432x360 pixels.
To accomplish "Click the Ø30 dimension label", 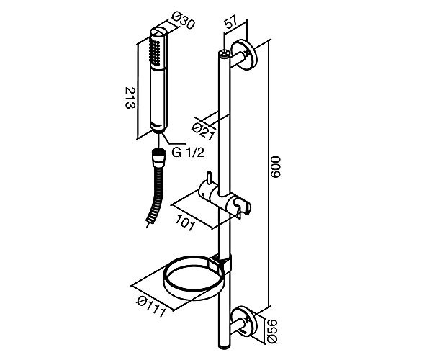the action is (183, 22).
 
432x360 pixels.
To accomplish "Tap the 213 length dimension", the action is (130, 98).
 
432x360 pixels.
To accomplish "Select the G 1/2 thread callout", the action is (188, 153).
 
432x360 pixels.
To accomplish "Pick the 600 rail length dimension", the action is (276, 167).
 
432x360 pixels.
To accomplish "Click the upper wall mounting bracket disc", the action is (244, 55).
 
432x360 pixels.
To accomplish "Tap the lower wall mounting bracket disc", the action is (244, 321).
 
